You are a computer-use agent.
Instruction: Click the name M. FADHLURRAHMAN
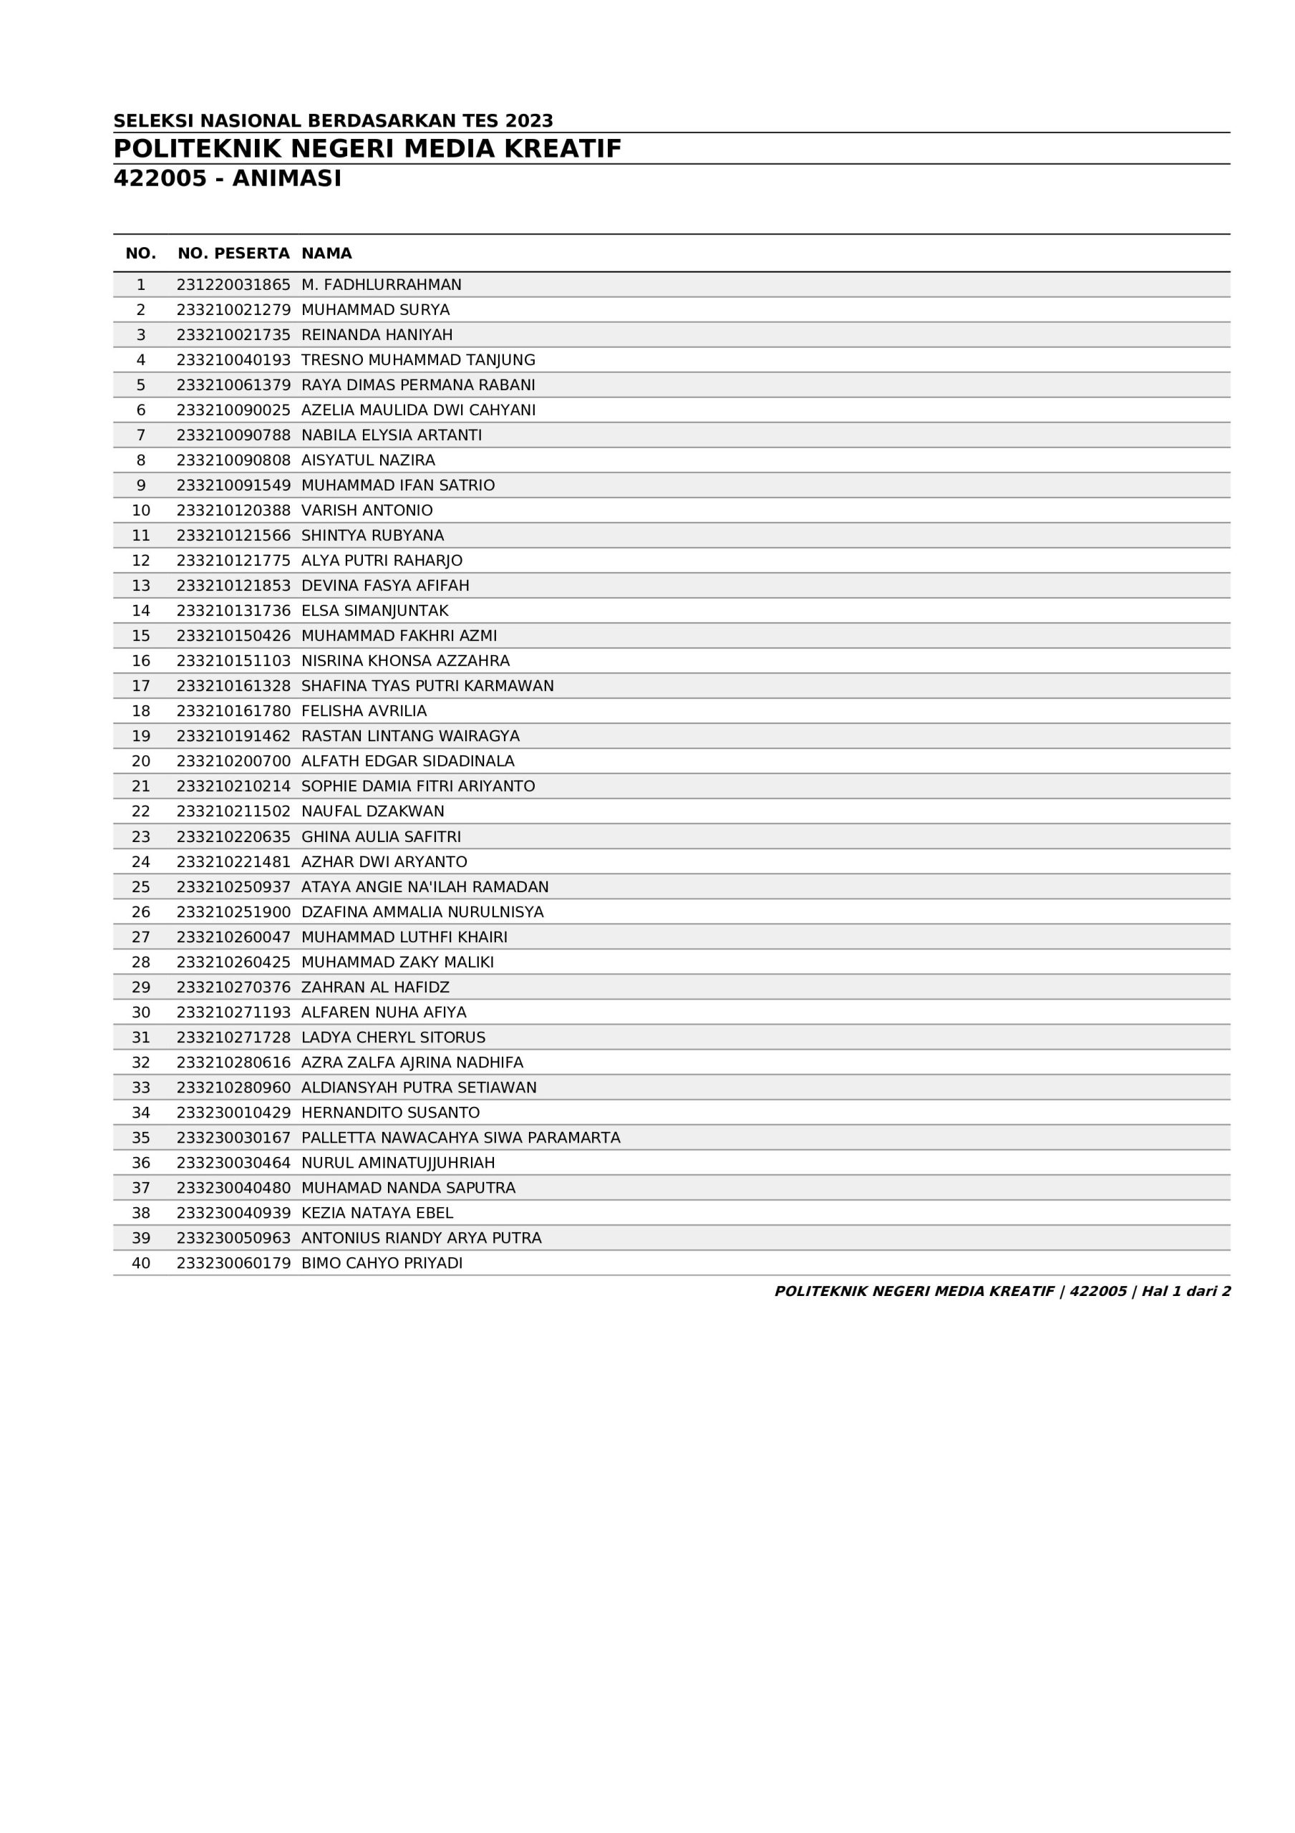(x=381, y=285)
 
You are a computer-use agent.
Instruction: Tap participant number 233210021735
(x=233, y=335)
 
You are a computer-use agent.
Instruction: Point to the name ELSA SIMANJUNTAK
(x=374, y=611)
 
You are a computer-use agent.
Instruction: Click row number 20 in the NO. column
(x=140, y=762)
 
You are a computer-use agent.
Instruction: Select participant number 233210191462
(x=233, y=736)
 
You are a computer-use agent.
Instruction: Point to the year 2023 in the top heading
(x=528, y=121)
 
